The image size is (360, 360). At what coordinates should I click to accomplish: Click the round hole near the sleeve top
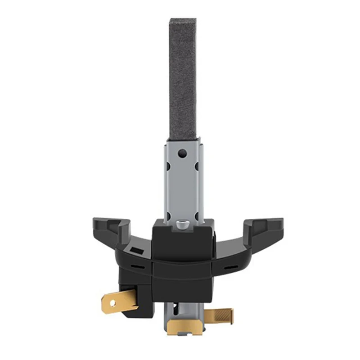click(x=182, y=153)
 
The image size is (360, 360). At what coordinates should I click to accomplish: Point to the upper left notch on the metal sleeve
click(x=168, y=166)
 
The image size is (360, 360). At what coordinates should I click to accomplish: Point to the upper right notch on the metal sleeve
click(x=197, y=166)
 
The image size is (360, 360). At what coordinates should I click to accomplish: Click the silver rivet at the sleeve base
click(x=182, y=224)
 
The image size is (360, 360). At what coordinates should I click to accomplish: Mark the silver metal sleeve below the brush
click(x=182, y=180)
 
